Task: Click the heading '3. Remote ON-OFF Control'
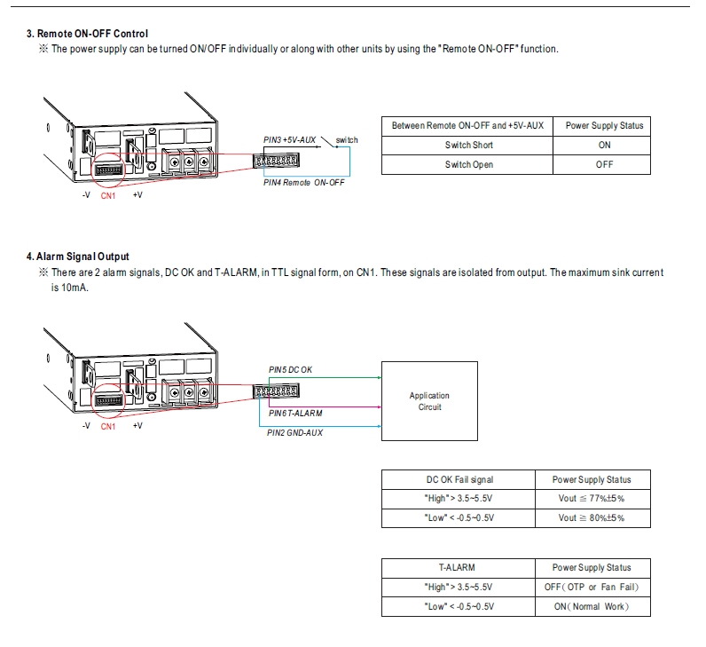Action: click(87, 34)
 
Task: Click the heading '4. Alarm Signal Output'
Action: click(77, 256)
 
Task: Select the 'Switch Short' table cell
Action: click(469, 145)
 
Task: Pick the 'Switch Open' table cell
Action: click(469, 164)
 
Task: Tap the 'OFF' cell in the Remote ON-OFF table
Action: click(604, 164)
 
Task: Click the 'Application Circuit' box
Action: click(429, 401)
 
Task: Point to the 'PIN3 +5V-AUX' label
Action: click(290, 140)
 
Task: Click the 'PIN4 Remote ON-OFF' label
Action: click(304, 182)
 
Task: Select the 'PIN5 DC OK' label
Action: click(290, 369)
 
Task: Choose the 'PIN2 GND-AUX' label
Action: click(294, 432)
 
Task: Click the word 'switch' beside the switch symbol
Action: click(347, 140)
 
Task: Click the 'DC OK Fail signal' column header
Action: click(459, 479)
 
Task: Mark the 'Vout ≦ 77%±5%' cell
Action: click(592, 499)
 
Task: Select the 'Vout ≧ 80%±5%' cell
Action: click(592, 518)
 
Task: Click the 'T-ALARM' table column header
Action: click(457, 567)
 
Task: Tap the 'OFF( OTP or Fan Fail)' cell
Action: click(592, 587)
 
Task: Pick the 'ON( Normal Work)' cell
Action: click(592, 606)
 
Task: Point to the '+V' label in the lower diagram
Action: click(137, 426)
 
